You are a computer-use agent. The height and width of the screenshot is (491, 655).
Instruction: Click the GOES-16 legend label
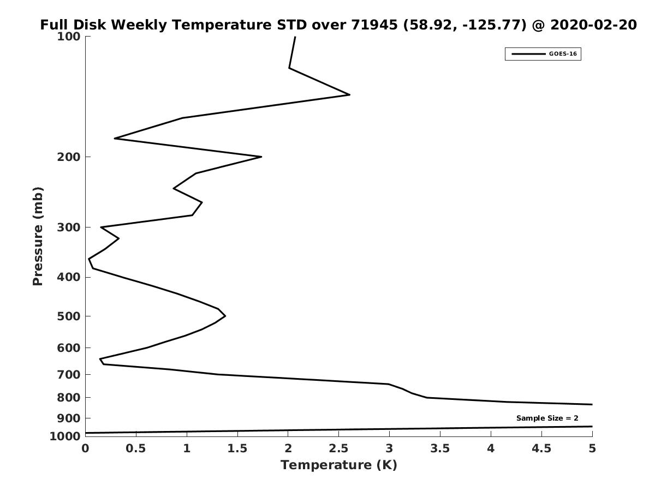coord(563,54)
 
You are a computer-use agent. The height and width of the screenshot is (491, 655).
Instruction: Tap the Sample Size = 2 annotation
coord(547,418)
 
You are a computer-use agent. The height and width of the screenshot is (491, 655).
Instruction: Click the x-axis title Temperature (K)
coord(339,465)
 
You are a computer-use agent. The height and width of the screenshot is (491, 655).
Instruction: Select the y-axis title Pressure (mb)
coord(38,236)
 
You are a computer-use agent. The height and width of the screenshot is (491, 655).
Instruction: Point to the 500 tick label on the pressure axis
coord(69,316)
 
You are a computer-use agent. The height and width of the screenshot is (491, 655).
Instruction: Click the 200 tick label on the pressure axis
coord(69,157)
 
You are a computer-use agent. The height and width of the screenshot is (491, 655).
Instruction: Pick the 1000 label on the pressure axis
coord(65,436)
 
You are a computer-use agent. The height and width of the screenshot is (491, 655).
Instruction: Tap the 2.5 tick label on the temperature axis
coord(339,448)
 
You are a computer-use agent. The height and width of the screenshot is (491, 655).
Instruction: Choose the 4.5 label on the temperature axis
coord(541,448)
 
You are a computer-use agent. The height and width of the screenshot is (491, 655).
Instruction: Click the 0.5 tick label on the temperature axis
coord(136,448)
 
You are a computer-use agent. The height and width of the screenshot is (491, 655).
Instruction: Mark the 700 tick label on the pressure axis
coord(69,374)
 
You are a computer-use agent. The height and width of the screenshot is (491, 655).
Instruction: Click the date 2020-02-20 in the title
coord(593,25)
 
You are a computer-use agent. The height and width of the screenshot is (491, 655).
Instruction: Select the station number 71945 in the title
coord(374,25)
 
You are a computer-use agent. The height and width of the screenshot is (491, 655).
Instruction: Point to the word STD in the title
coord(292,25)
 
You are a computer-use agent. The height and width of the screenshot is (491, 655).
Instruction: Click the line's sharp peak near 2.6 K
coord(349,95)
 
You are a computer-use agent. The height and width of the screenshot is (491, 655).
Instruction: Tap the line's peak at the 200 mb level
coord(261,157)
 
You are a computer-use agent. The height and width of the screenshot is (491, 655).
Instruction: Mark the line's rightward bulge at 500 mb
coord(225,316)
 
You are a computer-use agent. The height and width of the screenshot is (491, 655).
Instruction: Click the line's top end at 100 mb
coord(295,37)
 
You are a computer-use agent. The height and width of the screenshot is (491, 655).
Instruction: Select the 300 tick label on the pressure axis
coord(69,227)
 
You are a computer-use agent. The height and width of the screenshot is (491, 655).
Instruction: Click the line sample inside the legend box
coord(528,54)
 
